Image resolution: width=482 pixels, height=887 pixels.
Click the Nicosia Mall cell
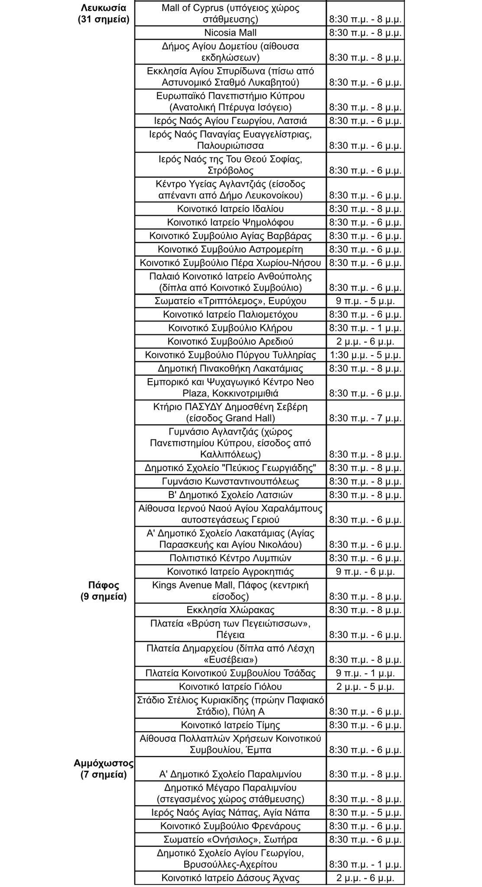click(x=230, y=33)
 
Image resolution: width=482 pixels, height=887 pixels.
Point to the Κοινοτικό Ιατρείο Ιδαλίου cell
click(x=230, y=209)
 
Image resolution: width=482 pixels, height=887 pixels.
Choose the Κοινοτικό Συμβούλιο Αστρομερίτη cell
click(x=230, y=249)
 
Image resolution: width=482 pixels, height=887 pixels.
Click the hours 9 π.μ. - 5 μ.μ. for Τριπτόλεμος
click(x=365, y=301)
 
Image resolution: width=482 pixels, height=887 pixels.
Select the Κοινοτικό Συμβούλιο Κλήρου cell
click(x=230, y=328)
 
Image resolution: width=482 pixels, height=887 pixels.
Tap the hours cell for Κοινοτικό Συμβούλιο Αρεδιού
click(x=365, y=341)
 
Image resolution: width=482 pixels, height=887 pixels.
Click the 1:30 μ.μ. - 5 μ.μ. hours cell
click(x=365, y=355)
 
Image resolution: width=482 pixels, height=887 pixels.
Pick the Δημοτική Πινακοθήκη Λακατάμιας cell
click(x=230, y=369)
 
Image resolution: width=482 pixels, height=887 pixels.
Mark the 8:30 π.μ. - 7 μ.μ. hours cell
click(x=365, y=418)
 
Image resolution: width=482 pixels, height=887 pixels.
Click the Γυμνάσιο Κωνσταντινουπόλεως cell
click(x=230, y=481)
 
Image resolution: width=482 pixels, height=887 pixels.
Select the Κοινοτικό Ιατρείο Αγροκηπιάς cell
click(x=230, y=572)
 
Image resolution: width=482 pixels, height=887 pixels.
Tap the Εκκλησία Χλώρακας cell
click(x=230, y=610)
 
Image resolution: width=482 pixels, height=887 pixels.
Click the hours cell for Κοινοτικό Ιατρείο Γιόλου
click(x=365, y=686)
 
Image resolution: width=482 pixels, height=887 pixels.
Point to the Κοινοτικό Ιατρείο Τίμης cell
click(x=230, y=725)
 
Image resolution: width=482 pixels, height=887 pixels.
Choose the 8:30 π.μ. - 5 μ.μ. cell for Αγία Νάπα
click(x=365, y=813)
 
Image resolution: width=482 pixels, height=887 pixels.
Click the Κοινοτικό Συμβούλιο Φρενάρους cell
click(x=230, y=826)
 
